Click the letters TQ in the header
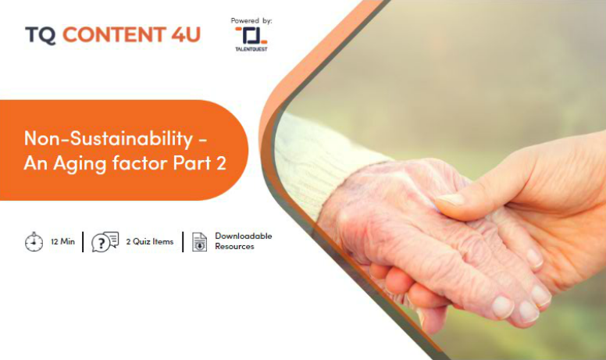[40, 35]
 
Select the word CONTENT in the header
[114, 35]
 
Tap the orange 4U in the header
[186, 35]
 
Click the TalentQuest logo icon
[251, 36]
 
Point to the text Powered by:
[251, 20]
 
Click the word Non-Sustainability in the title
[109, 138]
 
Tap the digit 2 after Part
[221, 163]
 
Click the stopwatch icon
[34, 242]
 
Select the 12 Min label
[62, 242]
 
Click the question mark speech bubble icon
[105, 242]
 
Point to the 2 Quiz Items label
[150, 242]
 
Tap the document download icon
[199, 242]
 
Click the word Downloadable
[244, 236]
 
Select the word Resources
[234, 247]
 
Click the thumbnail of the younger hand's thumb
[450, 200]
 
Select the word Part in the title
[192, 163]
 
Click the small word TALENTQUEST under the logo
[251, 49]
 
